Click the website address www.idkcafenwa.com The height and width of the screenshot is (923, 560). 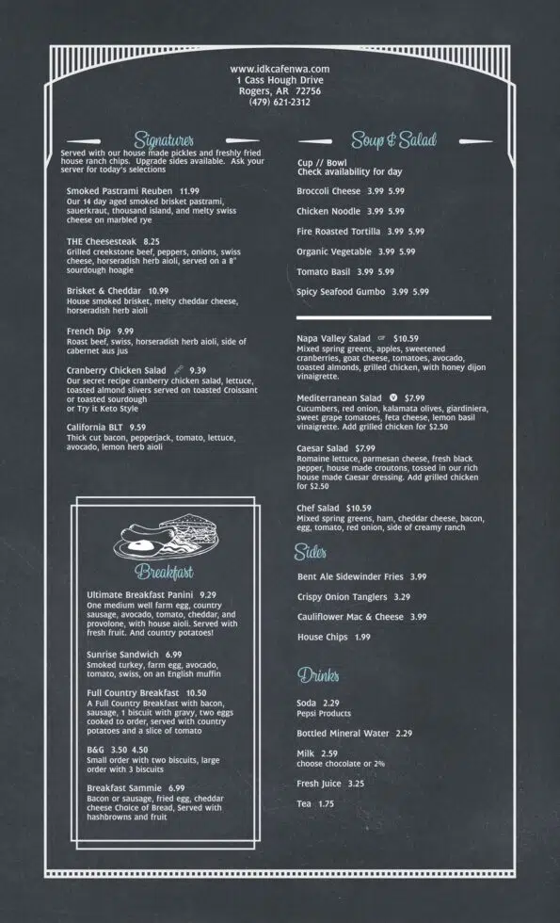click(x=280, y=69)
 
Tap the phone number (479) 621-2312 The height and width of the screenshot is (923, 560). click(x=280, y=103)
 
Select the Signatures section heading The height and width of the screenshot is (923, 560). click(x=164, y=140)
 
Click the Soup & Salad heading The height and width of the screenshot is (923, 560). click(x=393, y=140)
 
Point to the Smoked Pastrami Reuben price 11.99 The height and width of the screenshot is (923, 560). click(x=189, y=190)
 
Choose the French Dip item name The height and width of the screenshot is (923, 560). click(x=87, y=332)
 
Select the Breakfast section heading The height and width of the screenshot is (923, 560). click(x=164, y=572)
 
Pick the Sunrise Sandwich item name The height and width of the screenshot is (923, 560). click(x=122, y=654)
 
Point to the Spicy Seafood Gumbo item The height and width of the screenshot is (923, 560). click(x=341, y=292)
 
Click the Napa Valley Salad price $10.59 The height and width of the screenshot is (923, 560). click(x=407, y=338)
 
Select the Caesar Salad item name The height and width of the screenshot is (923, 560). click(x=323, y=448)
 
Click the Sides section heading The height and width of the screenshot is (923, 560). click(x=310, y=551)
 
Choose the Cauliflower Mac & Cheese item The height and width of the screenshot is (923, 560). click(x=350, y=617)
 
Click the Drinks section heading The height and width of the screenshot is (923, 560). click(x=318, y=674)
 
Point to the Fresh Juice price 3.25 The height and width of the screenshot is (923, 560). click(x=356, y=784)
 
